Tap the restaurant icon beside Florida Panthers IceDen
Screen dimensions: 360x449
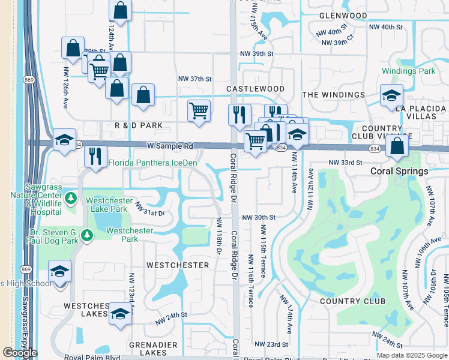[x=95, y=156]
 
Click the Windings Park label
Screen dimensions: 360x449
[x=408, y=71]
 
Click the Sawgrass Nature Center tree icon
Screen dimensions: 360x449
[x=71, y=197]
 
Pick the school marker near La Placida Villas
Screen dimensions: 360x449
[x=391, y=95]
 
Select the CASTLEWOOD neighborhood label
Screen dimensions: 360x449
[x=255, y=89]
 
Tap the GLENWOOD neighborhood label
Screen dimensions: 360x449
[x=343, y=16]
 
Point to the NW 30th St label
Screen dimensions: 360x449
[x=259, y=217]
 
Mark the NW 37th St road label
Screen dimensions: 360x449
[x=195, y=79]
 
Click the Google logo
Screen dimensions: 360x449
[x=20, y=353]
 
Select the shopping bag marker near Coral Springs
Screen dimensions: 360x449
[x=397, y=145]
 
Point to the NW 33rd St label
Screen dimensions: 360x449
[x=345, y=163]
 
